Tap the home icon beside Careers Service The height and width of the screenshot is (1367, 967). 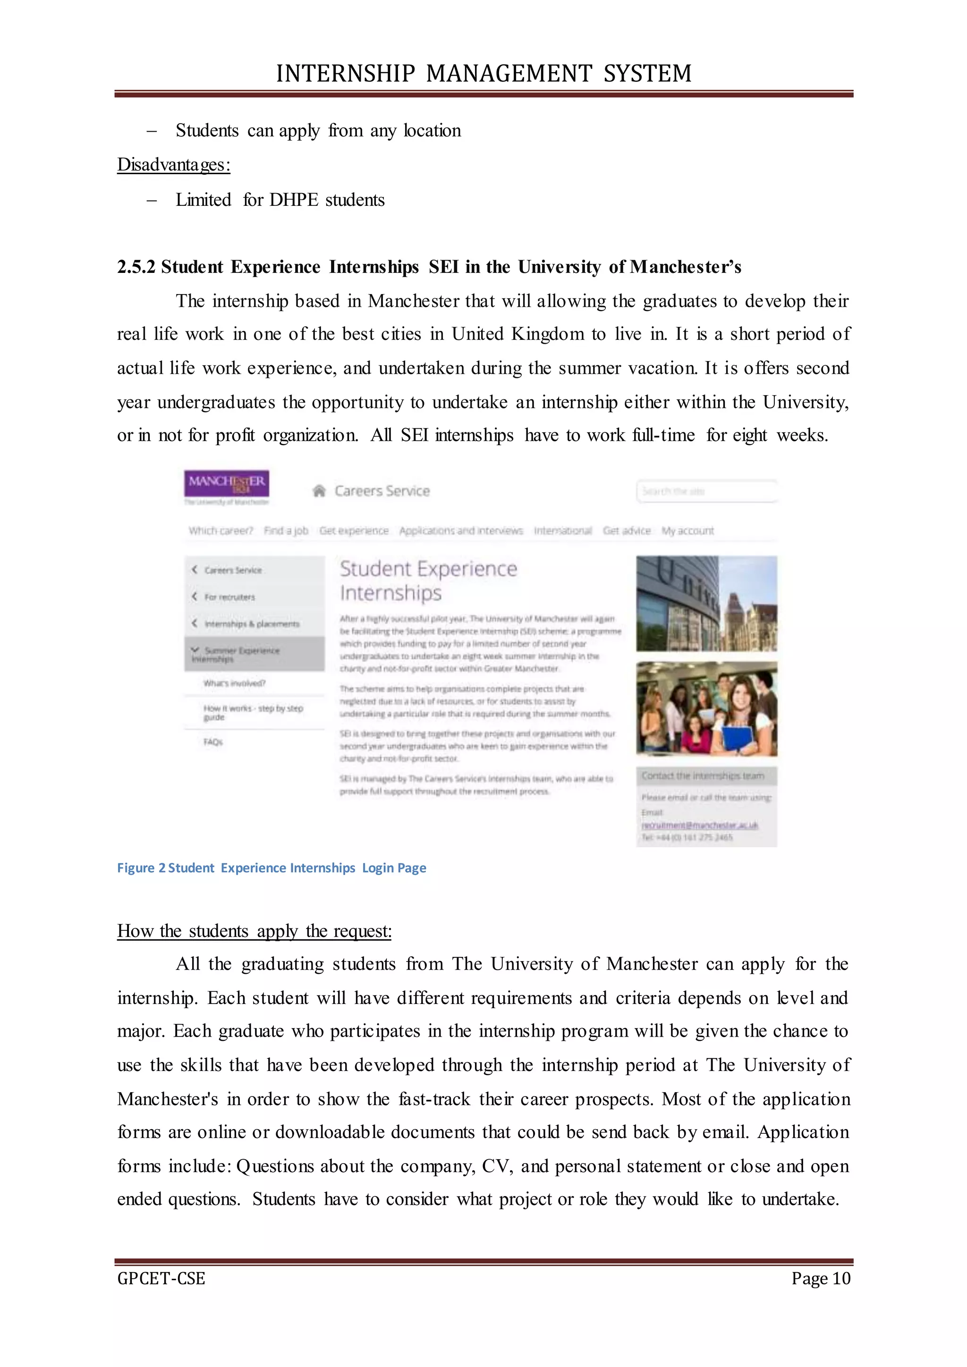point(319,490)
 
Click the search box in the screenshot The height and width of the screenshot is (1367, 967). point(706,491)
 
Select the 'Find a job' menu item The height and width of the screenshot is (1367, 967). point(286,531)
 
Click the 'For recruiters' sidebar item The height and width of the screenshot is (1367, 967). point(229,597)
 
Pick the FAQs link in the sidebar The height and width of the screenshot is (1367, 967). point(212,742)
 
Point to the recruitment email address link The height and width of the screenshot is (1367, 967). point(700,825)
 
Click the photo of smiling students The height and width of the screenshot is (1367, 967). point(706,709)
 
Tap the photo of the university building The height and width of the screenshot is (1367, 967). point(706,603)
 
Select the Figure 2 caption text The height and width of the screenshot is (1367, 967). point(271,868)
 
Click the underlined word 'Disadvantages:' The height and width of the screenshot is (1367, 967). point(173,165)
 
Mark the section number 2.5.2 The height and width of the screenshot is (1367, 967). point(136,267)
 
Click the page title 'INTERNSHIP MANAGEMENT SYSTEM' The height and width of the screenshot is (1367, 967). point(483,73)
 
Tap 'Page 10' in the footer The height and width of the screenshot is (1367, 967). point(821,1278)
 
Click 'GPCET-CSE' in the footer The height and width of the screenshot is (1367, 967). point(161,1278)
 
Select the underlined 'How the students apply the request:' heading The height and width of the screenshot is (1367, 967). point(254,930)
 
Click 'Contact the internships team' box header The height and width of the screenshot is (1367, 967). point(703,776)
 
